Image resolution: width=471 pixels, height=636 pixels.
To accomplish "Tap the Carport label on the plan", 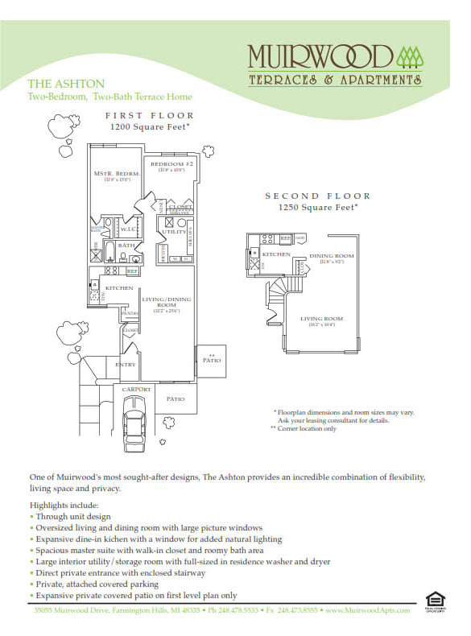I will [136, 389].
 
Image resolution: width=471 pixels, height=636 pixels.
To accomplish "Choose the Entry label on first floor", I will [126, 365].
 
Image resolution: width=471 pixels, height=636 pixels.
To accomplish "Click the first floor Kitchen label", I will [118, 287].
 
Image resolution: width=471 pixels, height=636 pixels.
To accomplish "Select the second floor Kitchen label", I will [278, 254].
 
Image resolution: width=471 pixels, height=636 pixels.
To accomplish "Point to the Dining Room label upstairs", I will [332, 256].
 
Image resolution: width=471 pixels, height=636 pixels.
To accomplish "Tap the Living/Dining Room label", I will [161, 303].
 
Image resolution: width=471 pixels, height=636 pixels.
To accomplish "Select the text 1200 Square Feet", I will [148, 127].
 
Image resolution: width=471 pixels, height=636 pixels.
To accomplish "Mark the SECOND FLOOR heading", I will [317, 196].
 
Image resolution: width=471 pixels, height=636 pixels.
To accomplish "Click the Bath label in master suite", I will [126, 245].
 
